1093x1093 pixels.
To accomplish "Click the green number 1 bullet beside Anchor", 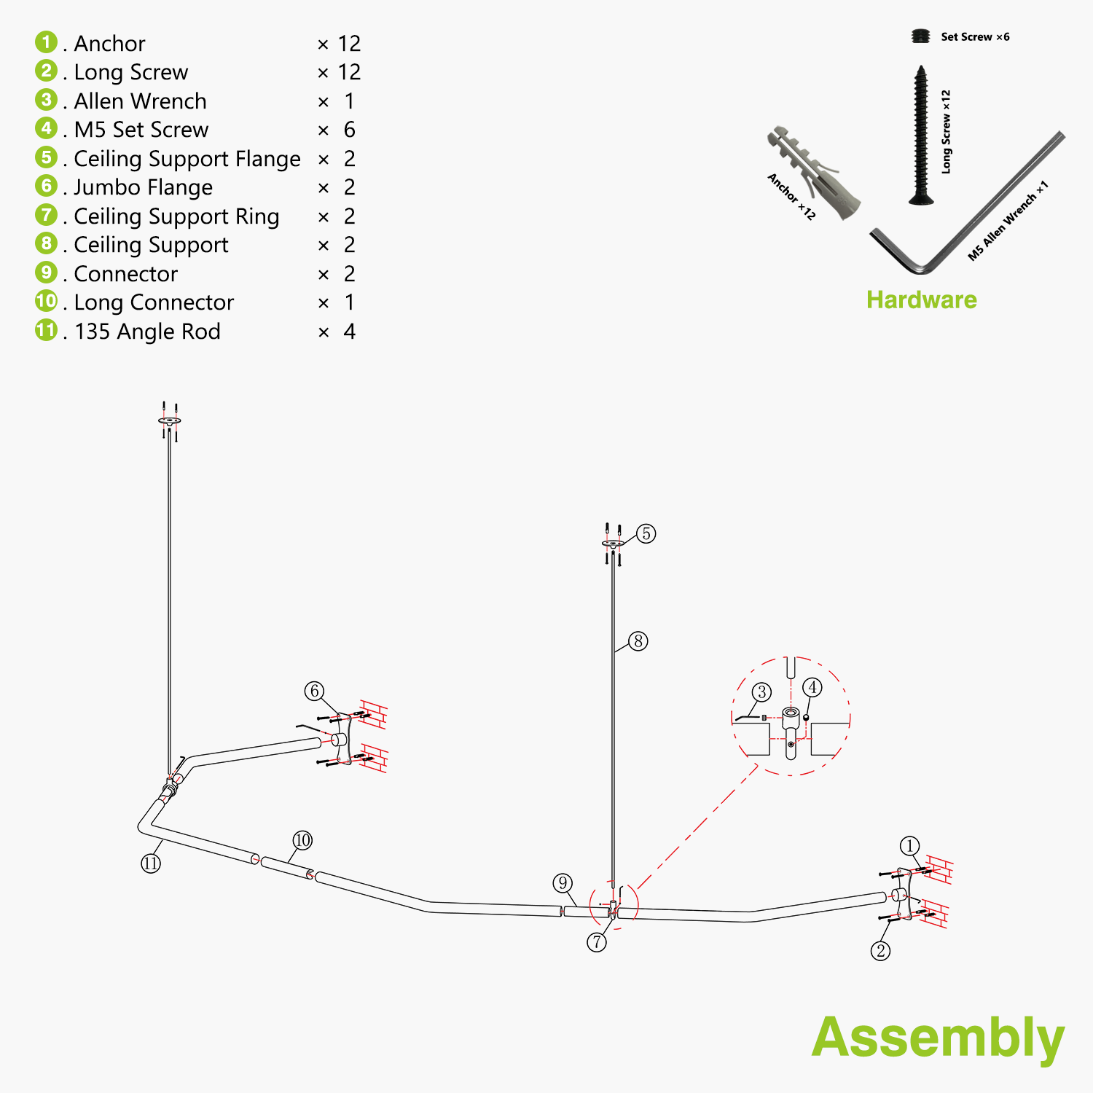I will click(x=46, y=42).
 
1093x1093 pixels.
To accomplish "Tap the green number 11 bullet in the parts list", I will click(x=46, y=330).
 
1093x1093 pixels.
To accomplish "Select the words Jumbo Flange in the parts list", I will click(x=143, y=187).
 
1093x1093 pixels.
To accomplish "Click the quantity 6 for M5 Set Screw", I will click(x=349, y=130).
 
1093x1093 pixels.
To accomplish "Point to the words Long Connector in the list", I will click(x=154, y=302).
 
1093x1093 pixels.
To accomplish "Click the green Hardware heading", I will click(x=921, y=299).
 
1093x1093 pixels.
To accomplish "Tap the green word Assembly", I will click(x=938, y=1038).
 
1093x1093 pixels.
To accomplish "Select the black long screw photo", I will click(x=921, y=136).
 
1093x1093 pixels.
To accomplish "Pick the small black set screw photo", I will click(x=921, y=36).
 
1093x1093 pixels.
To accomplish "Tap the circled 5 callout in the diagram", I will click(x=646, y=533).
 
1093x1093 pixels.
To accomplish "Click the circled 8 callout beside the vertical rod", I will click(x=638, y=641).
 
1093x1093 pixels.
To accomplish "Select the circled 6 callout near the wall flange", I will click(x=314, y=691).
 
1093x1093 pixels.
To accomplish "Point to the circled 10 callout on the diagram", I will click(x=302, y=840).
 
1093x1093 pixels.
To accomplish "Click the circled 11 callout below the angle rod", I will click(x=151, y=863).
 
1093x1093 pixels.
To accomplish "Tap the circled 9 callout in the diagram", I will click(x=563, y=883).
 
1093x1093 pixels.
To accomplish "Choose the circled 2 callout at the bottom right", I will click(x=880, y=950).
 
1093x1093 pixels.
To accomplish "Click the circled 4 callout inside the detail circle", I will click(x=812, y=687).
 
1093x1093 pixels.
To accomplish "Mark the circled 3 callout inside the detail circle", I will click(x=761, y=692).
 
